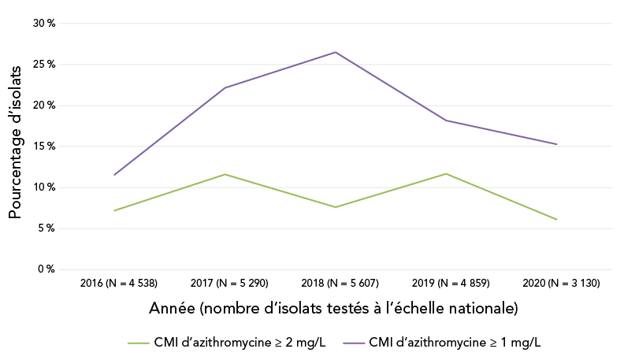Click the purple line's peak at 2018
(336, 52)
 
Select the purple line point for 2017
(225, 87)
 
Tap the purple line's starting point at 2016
(115, 175)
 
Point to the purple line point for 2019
(446, 120)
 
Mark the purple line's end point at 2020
(556, 144)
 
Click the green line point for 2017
(225, 174)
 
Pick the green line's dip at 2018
(336, 207)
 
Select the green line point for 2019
(446, 173)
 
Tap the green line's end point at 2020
(556, 220)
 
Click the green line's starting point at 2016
(115, 210)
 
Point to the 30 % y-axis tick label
(44, 24)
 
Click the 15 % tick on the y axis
(44, 147)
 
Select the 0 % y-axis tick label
(46, 269)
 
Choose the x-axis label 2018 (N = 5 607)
(336, 283)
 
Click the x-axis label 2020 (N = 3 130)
(556, 283)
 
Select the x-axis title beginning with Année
(333, 308)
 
